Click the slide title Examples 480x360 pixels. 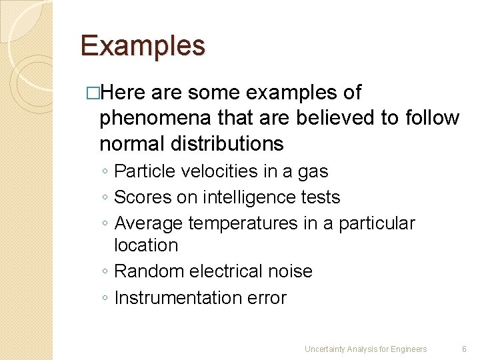pos(143,46)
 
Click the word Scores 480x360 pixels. pos(141,197)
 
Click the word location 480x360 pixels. pos(146,245)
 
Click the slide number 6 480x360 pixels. pos(464,349)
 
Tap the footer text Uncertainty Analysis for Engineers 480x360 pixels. pos(365,349)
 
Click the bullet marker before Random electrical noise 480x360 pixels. pos(105,272)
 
